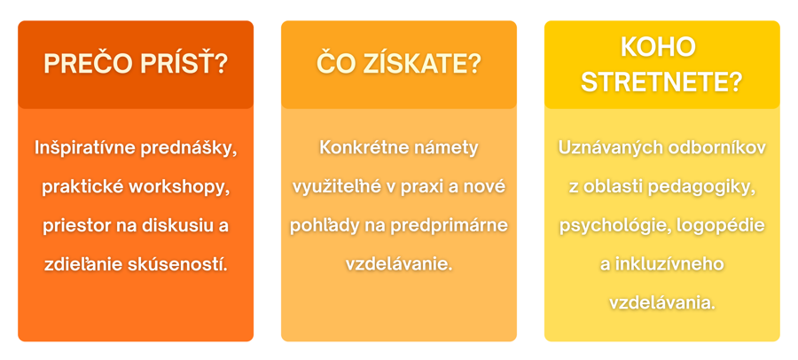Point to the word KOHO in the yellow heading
pos(658,47)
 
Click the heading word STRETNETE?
pos(661,82)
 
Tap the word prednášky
pos(192,149)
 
